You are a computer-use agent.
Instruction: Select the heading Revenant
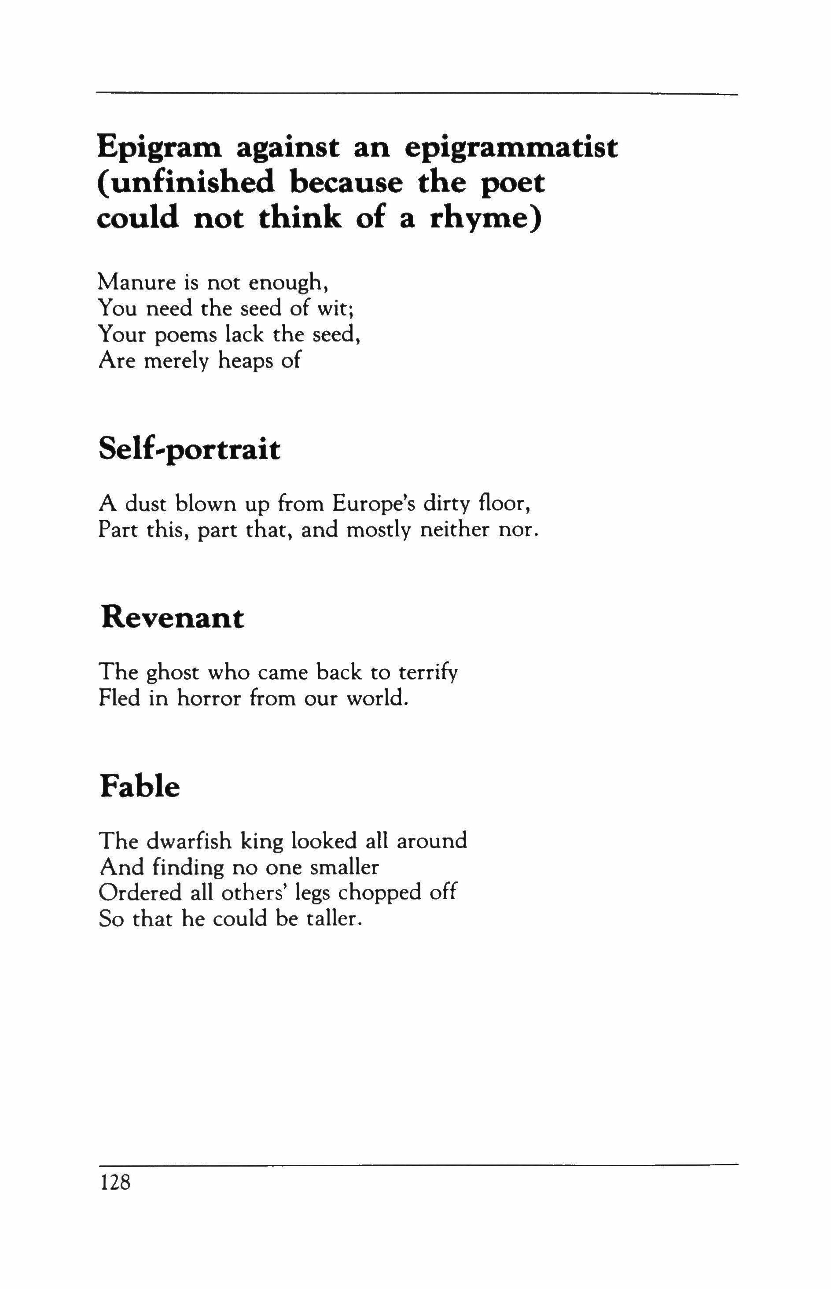(172, 618)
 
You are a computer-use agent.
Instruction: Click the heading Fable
(140, 787)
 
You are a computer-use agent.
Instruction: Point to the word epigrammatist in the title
(511, 148)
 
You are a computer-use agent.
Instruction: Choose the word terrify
(428, 673)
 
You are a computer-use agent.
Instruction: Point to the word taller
(332, 919)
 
